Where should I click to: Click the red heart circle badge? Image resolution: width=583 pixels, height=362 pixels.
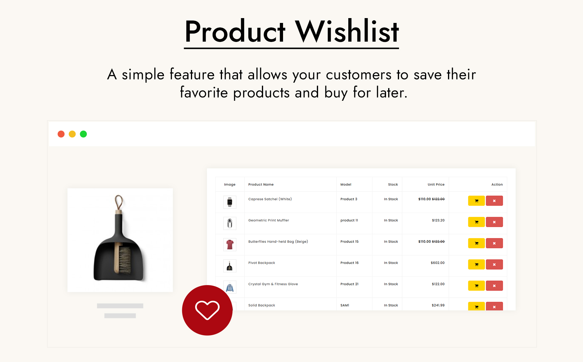tap(207, 310)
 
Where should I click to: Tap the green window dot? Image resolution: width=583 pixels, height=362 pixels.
tap(83, 134)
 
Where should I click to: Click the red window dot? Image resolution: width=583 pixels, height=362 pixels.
tap(61, 134)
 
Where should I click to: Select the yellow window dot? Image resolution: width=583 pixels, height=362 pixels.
tap(72, 134)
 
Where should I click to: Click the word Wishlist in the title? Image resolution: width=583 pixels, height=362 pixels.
tap(347, 31)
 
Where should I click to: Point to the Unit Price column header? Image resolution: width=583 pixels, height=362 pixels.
tap(436, 184)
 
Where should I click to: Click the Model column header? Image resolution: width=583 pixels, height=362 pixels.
tap(346, 184)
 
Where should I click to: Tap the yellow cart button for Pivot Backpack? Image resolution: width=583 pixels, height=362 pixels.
tap(476, 265)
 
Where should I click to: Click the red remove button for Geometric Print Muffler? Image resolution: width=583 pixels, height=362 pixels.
tap(494, 222)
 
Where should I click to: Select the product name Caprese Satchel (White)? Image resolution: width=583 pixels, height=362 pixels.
tap(270, 199)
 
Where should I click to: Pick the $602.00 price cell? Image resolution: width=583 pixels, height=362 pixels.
tap(438, 263)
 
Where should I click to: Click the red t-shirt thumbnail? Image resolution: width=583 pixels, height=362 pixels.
tap(230, 244)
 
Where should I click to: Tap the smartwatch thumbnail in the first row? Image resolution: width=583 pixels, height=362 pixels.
tap(230, 202)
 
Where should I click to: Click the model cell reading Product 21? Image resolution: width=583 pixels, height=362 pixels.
tap(349, 284)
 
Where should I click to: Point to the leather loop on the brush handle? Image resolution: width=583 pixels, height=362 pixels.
tap(119, 203)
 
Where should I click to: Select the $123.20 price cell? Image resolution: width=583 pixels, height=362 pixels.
tap(438, 220)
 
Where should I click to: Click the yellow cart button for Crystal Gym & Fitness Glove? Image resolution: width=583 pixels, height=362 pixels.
tap(476, 286)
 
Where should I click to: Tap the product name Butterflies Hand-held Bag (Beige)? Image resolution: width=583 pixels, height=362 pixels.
tap(278, 242)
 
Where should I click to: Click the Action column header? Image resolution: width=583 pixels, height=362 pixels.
tap(497, 184)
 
